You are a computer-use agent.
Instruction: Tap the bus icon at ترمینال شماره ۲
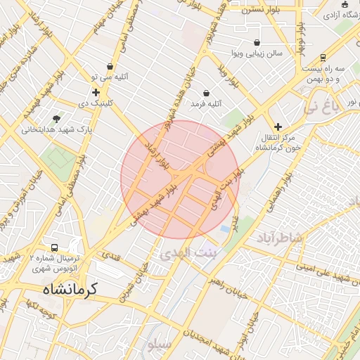pos(55,248)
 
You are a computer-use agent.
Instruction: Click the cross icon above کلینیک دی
pos(96,92)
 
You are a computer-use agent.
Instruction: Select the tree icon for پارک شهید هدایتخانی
pos(56,118)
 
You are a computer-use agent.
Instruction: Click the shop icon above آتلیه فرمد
pos(205,93)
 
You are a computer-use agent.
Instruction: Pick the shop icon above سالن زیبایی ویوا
pos(257,42)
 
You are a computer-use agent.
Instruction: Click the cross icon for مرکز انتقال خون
pos(278,127)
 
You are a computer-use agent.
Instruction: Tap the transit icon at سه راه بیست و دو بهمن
pos(323,58)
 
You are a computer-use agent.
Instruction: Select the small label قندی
pos(112,257)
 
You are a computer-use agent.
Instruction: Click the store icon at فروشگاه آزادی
pos(345,15)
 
